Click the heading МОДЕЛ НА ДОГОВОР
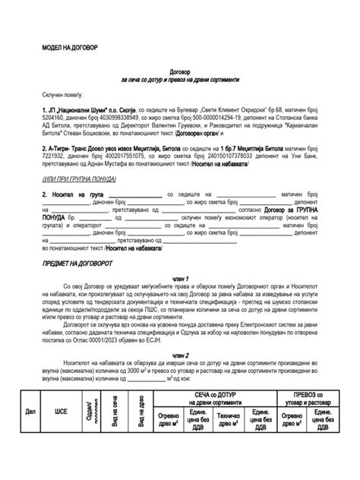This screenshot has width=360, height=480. pyautogui.click(x=69, y=47)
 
